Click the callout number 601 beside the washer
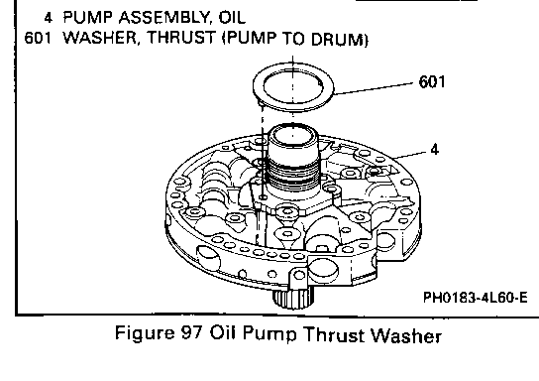tap(432, 82)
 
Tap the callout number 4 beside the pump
tap(435, 150)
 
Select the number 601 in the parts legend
tap(38, 37)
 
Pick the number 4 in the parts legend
tap(49, 17)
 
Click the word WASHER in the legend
tap(100, 37)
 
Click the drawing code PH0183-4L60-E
tap(475, 297)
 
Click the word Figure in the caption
tap(145, 333)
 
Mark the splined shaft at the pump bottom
tap(293, 298)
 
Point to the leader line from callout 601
tap(374, 88)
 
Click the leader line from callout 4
tap(410, 155)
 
